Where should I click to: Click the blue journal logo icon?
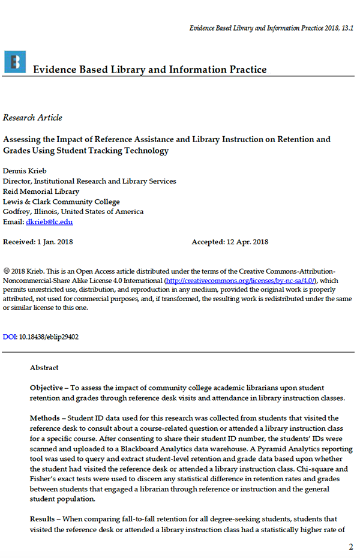coord(14,62)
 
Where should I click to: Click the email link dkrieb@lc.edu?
coord(49,222)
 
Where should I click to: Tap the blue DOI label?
coord(10,337)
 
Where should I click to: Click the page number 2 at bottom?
coord(351,547)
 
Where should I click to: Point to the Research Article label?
coord(32,118)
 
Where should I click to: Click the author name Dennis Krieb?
coord(25,171)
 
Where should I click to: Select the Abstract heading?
coord(44,368)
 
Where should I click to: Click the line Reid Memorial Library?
coord(41,191)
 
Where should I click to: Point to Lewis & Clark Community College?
coord(61,202)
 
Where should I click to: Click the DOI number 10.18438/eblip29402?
coord(49,337)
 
